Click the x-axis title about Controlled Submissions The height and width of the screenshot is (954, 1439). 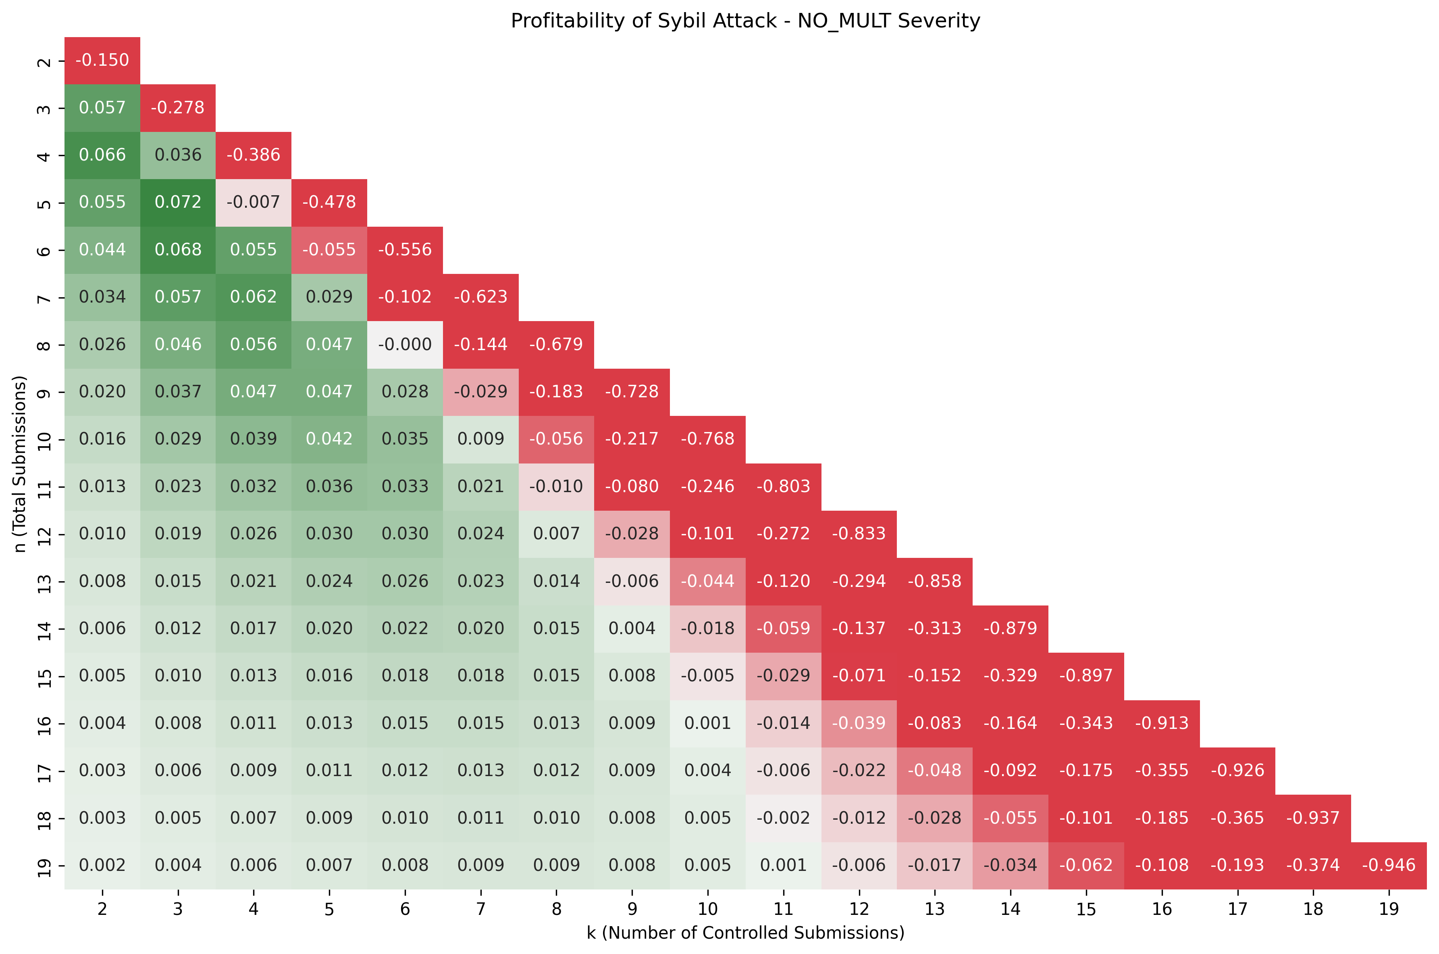(745, 933)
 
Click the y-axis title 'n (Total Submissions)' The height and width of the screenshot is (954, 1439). (20, 463)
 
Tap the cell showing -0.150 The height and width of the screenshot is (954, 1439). (102, 60)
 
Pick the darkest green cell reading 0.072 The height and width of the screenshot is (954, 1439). (177, 202)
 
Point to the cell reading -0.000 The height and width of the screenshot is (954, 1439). (405, 344)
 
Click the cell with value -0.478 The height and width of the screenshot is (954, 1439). (329, 202)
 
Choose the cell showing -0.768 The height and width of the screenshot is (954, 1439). (708, 438)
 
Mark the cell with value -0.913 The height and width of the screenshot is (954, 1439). (1161, 723)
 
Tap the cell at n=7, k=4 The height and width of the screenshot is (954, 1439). (254, 297)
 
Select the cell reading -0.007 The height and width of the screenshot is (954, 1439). (254, 202)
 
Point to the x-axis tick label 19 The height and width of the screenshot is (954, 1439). (1389, 909)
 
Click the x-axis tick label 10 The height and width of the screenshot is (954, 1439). (708, 909)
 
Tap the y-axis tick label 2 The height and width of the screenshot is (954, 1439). (44, 61)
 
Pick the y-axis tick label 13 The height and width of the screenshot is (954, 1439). (44, 582)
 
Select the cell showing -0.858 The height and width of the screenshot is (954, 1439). (934, 581)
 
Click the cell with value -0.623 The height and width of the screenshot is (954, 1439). (480, 297)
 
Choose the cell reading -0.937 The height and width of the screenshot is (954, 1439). (1312, 818)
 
